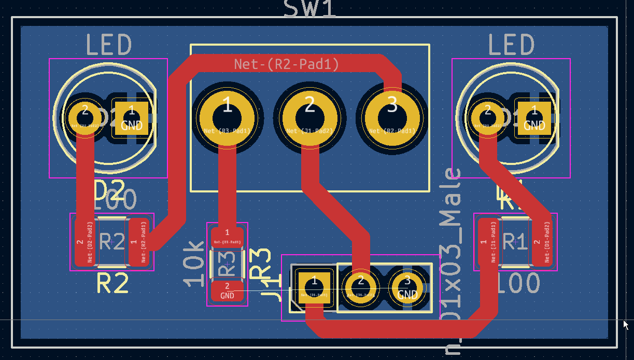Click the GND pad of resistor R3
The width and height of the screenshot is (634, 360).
[x=227, y=291]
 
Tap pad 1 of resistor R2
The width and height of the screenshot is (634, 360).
[x=138, y=241]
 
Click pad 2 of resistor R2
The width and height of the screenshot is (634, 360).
[x=84, y=241]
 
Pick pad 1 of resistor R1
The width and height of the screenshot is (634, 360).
[x=488, y=242]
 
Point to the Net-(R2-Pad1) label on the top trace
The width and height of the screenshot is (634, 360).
[x=287, y=64]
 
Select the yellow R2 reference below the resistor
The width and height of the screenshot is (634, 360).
[x=112, y=284]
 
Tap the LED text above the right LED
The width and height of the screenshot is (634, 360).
[x=511, y=45]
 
